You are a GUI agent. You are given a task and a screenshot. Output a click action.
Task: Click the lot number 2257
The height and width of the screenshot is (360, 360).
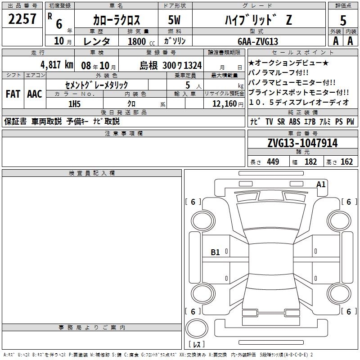tap(22, 19)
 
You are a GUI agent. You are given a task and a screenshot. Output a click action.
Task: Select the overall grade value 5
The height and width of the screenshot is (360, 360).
tap(343, 21)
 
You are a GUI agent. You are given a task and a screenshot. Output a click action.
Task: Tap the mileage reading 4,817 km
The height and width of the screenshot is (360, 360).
tap(57, 65)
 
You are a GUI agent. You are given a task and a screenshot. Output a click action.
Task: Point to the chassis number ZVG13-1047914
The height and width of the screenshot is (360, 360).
tap(302, 143)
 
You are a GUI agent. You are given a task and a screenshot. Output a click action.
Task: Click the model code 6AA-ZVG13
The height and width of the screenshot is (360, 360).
tap(258, 41)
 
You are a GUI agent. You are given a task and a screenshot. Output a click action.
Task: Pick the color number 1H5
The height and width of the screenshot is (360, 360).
tap(74, 104)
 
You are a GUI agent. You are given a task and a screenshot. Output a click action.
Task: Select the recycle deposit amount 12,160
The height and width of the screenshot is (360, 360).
tap(225, 104)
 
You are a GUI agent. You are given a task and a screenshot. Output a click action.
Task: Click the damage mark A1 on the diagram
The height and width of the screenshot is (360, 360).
tap(321, 184)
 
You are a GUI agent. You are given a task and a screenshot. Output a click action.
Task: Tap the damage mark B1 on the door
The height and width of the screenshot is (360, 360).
tap(215, 252)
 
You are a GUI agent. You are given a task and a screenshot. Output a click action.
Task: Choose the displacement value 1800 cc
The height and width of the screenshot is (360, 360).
tap(141, 41)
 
